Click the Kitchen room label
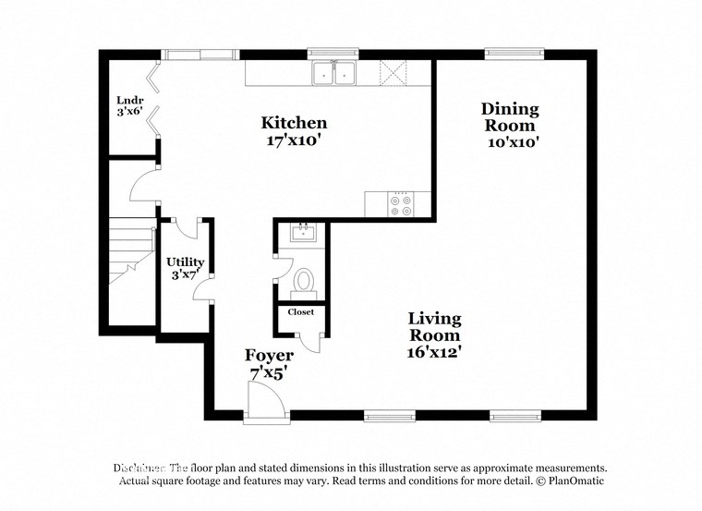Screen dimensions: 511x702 coord(294,123)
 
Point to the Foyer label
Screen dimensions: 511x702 coord(269,356)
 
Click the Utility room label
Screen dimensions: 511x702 coord(185,262)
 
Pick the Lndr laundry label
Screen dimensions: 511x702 coord(128,100)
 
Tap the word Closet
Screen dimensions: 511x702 coord(300,312)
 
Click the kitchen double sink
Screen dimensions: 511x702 coord(334,73)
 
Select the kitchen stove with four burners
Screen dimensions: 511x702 coord(403,204)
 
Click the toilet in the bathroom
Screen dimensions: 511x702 coord(304,280)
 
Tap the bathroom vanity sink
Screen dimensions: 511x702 coord(303,233)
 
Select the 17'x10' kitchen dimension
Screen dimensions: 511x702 coord(294,142)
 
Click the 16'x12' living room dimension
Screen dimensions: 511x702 coord(435,351)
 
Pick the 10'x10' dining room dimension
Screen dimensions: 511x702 coord(514,142)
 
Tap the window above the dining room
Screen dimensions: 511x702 coord(514,53)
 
